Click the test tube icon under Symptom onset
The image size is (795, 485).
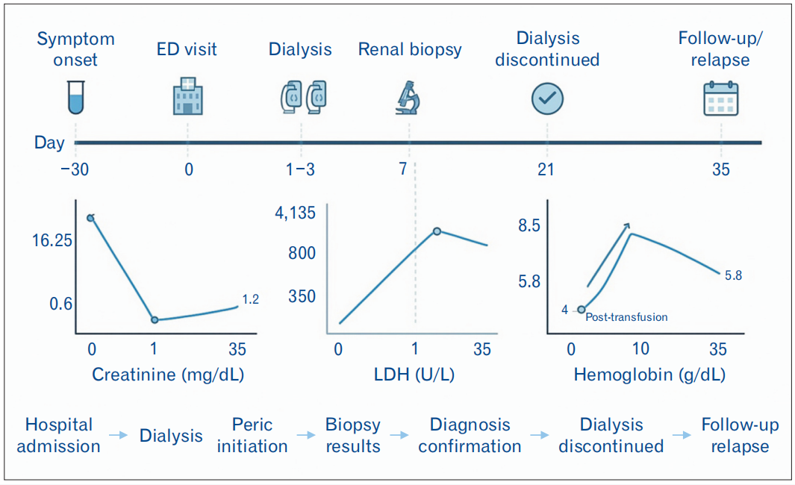tap(76, 97)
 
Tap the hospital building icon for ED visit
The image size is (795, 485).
tap(188, 96)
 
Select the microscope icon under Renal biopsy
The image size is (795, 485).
tap(408, 98)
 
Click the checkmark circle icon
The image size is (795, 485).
tap(548, 98)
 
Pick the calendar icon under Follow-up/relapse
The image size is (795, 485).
tap(720, 98)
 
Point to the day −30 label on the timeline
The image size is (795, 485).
tap(75, 169)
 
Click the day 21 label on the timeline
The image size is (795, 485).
tap(546, 169)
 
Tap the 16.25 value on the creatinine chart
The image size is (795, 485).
tap(52, 240)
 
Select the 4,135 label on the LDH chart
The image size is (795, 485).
tap(295, 213)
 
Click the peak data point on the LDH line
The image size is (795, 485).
tap(437, 231)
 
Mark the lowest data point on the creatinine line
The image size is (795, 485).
tap(155, 320)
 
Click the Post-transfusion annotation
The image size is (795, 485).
tap(627, 317)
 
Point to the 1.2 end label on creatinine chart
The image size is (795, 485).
tap(251, 299)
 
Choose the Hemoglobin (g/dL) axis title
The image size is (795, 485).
tap(649, 375)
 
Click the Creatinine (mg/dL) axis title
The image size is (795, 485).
tap(168, 375)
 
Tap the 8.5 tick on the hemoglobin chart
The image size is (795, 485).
tap(529, 226)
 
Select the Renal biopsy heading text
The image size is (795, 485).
tap(410, 49)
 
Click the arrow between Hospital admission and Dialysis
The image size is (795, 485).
tap(119, 435)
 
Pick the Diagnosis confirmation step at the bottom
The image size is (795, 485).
tap(470, 435)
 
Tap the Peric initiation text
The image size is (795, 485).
tap(252, 435)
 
